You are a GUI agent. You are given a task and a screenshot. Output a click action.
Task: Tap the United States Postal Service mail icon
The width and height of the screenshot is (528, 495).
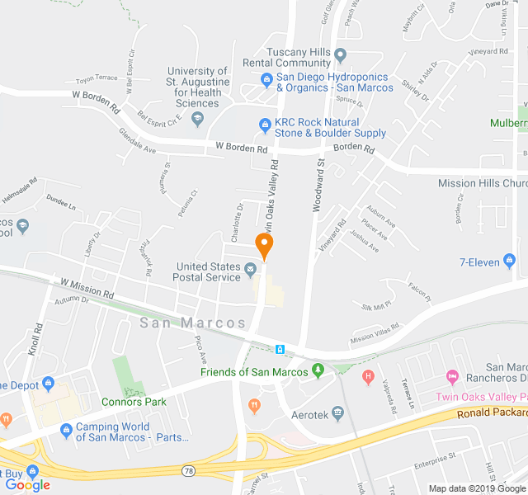250,267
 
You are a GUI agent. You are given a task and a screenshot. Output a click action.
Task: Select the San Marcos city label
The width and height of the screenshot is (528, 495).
193,323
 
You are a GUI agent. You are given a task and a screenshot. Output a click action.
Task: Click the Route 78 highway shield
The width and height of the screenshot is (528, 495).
189,469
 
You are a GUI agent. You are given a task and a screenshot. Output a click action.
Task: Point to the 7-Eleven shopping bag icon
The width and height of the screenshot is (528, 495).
509,262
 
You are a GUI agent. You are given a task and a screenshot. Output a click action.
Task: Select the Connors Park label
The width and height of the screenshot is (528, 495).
134,402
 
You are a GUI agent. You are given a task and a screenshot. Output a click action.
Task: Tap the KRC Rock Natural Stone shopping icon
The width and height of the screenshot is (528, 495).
265,125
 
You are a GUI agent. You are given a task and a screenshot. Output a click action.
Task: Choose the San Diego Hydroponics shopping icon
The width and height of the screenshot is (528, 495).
266,80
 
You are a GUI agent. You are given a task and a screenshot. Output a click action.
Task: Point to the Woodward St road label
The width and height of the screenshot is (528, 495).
318,186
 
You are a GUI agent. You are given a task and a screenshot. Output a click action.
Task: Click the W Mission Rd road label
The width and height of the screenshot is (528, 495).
87,288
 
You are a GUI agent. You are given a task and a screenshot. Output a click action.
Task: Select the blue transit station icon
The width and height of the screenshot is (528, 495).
280,349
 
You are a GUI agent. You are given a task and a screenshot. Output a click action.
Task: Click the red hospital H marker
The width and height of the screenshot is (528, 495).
368,378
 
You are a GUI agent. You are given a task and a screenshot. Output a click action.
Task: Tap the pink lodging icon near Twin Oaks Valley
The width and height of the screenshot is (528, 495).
451,377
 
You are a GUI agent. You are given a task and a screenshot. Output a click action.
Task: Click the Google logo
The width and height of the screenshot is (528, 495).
27,485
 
